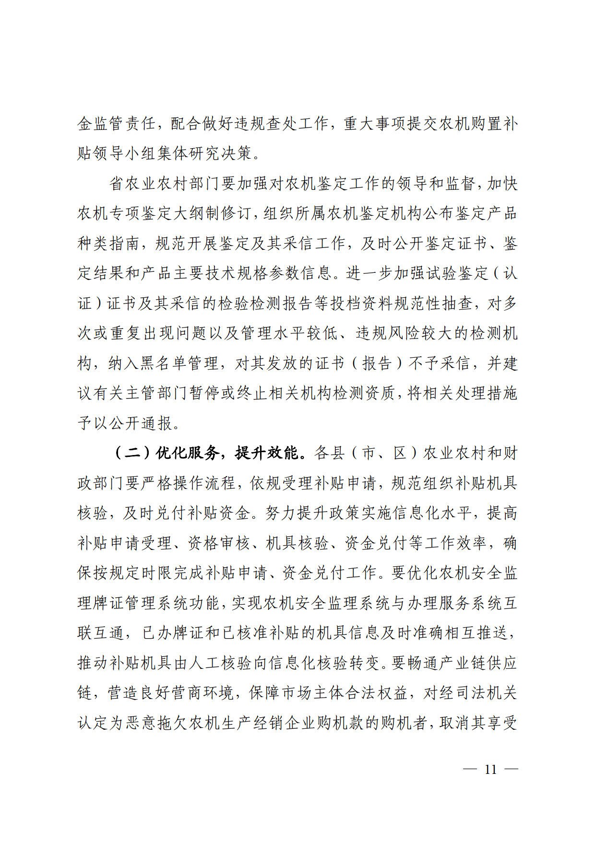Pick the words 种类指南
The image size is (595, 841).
(x=109, y=244)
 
